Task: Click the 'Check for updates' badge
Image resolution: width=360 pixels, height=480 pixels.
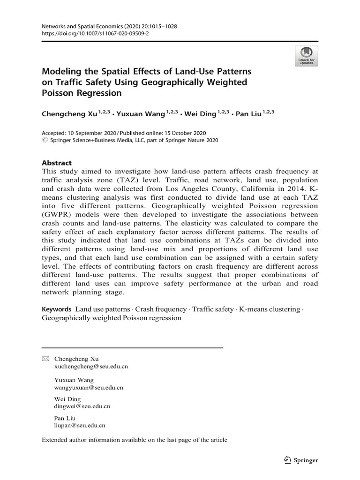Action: (307, 56)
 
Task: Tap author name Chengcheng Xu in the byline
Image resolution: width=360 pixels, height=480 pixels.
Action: (68, 113)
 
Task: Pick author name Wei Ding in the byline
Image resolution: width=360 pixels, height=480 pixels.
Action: (201, 113)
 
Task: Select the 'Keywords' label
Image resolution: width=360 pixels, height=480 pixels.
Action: (56, 309)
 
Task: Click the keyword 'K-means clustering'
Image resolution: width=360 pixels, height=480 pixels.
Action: (269, 309)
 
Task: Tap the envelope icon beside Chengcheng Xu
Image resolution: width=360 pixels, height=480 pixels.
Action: (45, 359)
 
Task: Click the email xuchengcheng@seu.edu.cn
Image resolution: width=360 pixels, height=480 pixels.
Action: (91, 367)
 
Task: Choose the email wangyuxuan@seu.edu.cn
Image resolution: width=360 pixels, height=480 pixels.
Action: (89, 388)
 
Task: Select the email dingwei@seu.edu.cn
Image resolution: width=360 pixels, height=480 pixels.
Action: (82, 407)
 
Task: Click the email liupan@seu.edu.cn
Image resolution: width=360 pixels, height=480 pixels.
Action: (80, 426)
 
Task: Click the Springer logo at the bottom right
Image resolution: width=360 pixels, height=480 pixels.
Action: (301, 460)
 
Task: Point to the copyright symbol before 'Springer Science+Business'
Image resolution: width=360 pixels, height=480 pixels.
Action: (45, 140)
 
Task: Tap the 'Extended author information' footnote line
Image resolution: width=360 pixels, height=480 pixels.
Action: (135, 440)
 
